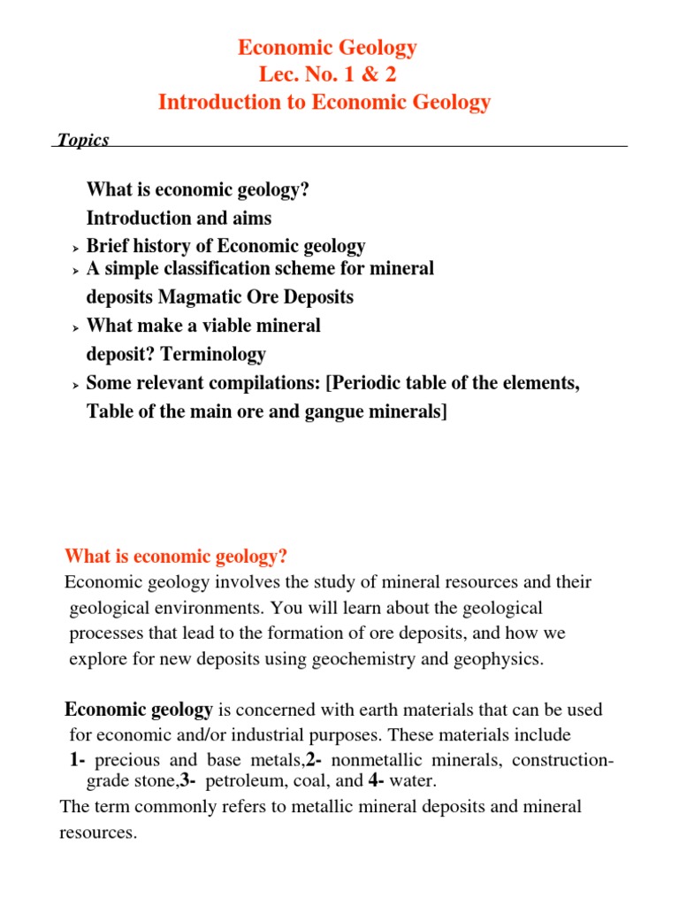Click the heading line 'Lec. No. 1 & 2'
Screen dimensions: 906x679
(324, 75)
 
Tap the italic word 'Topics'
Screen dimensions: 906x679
(82, 140)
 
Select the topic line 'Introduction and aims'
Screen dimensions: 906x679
(179, 218)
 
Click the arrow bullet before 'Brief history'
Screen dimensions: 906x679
(75, 248)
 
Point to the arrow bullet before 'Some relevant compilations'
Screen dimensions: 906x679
(75, 386)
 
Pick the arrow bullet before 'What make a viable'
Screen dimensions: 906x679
(75, 327)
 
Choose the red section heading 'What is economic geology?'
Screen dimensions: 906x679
(176, 557)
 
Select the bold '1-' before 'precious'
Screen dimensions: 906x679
(78, 761)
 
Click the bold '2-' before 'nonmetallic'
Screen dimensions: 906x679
(313, 761)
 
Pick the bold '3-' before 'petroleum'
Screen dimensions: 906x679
(188, 781)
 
